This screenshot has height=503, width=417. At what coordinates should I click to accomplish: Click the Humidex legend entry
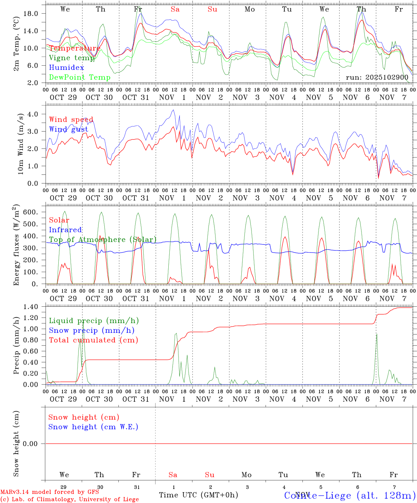[66, 68]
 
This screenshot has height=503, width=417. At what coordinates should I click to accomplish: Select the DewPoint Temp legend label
[80, 78]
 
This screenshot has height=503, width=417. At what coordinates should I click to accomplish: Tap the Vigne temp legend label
[72, 58]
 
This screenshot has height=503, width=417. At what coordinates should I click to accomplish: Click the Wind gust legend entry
[68, 129]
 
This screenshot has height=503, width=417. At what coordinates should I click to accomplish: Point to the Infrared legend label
[65, 230]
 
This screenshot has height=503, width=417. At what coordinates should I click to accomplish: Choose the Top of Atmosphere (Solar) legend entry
[103, 240]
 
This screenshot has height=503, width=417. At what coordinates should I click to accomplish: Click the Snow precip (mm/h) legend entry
[92, 330]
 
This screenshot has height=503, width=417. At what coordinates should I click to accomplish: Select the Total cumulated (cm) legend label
[93, 340]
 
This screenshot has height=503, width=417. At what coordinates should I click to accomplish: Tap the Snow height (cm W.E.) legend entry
[93, 427]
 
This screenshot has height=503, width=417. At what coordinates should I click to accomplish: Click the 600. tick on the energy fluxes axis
[30, 212]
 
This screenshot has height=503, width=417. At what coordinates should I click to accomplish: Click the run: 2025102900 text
[377, 78]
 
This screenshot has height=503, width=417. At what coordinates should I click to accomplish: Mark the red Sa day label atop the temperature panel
[175, 9]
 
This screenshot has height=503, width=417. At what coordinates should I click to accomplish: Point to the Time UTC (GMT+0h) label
[198, 495]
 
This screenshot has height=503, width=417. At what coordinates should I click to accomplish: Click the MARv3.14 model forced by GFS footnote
[50, 492]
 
